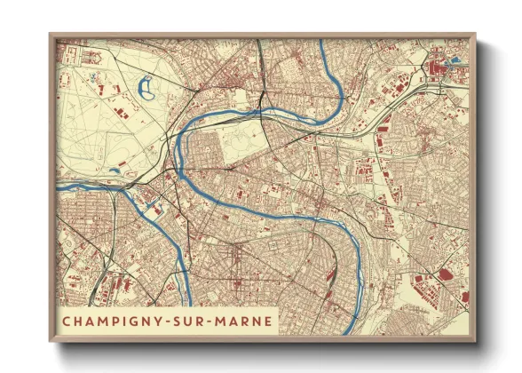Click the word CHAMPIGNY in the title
116,319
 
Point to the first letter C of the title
67,319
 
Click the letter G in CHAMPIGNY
138,319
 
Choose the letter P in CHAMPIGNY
116,319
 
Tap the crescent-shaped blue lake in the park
146,88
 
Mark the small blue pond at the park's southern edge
115,166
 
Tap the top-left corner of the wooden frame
50,35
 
